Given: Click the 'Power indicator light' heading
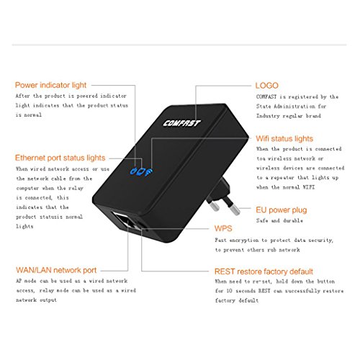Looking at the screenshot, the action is pyautogui.click(x=50, y=85).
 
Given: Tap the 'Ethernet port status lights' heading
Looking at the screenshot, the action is pyautogui.click(x=60, y=158).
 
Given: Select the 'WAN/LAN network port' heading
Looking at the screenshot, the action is pyautogui.click(x=56, y=270).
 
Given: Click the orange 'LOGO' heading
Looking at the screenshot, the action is pyautogui.click(x=266, y=86).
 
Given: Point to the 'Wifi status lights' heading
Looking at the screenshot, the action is pyautogui.click(x=284, y=139).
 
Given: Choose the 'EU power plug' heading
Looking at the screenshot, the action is pyautogui.click(x=282, y=210).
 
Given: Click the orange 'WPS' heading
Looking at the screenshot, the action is pyautogui.click(x=223, y=228).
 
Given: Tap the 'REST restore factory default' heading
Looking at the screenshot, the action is pyautogui.click(x=264, y=271).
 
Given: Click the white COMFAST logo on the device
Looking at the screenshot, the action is pyautogui.click(x=181, y=123).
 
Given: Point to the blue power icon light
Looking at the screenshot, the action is pyautogui.click(x=133, y=171).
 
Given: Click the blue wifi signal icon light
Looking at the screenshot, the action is pyautogui.click(x=148, y=172).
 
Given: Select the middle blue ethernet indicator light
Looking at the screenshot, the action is pyautogui.click(x=141, y=171).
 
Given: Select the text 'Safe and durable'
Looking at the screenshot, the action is pyautogui.click(x=279, y=220).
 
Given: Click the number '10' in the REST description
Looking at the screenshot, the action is pyautogui.click(x=230, y=291).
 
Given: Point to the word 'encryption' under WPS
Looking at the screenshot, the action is pyautogui.click(x=244, y=240).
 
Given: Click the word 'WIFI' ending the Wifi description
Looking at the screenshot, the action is pyautogui.click(x=308, y=187).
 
